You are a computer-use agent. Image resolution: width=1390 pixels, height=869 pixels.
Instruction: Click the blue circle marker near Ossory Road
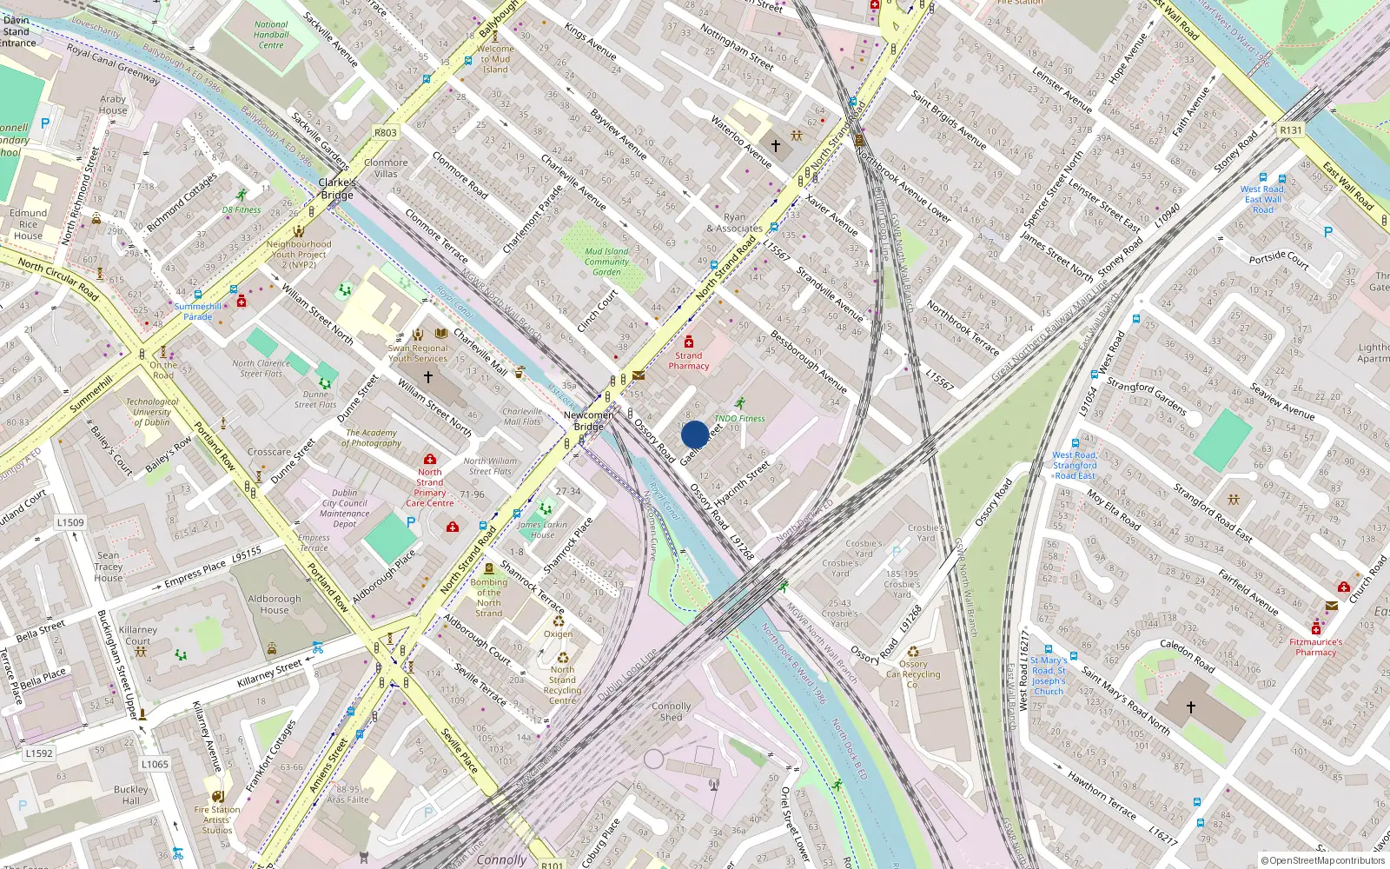pyautogui.click(x=694, y=434)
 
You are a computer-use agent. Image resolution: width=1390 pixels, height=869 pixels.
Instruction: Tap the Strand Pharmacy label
pyautogui.click(x=688, y=361)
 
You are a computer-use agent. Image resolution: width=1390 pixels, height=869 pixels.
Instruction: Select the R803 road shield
pyautogui.click(x=385, y=133)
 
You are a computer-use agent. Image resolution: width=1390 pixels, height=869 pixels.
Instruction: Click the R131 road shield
pyautogui.click(x=1291, y=130)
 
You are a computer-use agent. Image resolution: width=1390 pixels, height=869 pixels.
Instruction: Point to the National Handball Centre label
pyautogui.click(x=271, y=35)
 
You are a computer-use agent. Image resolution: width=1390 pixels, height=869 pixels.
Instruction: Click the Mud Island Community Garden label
pyautogui.click(x=606, y=262)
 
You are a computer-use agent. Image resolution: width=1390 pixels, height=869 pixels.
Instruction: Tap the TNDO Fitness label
pyautogui.click(x=739, y=418)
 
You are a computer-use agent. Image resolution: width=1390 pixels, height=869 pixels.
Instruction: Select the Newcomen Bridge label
pyautogui.click(x=589, y=421)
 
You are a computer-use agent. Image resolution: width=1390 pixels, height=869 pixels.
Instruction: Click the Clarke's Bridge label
pyautogui.click(x=337, y=189)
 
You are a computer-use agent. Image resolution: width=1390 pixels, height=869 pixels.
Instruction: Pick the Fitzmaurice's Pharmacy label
pyautogui.click(x=1315, y=647)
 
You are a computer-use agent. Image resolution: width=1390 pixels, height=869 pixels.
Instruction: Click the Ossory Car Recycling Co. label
pyautogui.click(x=913, y=673)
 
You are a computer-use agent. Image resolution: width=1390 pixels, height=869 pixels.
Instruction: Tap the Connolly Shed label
pyautogui.click(x=671, y=712)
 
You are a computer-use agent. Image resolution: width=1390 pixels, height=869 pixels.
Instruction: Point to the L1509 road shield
pyautogui.click(x=70, y=522)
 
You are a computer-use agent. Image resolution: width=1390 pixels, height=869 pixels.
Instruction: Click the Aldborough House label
pyautogui.click(x=275, y=604)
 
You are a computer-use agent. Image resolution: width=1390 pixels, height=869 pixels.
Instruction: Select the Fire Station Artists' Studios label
pyautogui.click(x=217, y=819)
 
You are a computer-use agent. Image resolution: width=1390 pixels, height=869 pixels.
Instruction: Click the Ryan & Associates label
pyautogui.click(x=735, y=223)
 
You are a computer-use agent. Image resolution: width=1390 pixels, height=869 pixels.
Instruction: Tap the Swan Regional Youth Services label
pyautogui.click(x=418, y=353)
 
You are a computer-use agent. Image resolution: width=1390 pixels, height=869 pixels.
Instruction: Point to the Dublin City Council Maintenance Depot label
pyautogui.click(x=344, y=508)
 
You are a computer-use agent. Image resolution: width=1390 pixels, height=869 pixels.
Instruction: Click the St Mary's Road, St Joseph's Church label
pyautogui.click(x=1049, y=675)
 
